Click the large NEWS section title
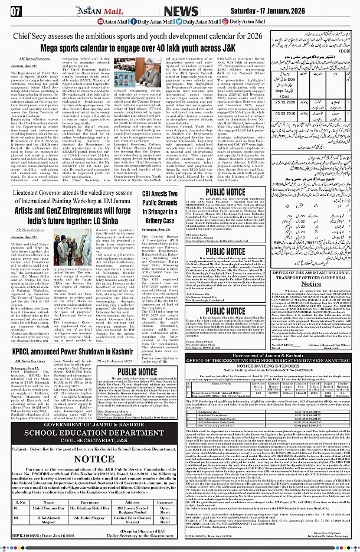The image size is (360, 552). tap(179, 10)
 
